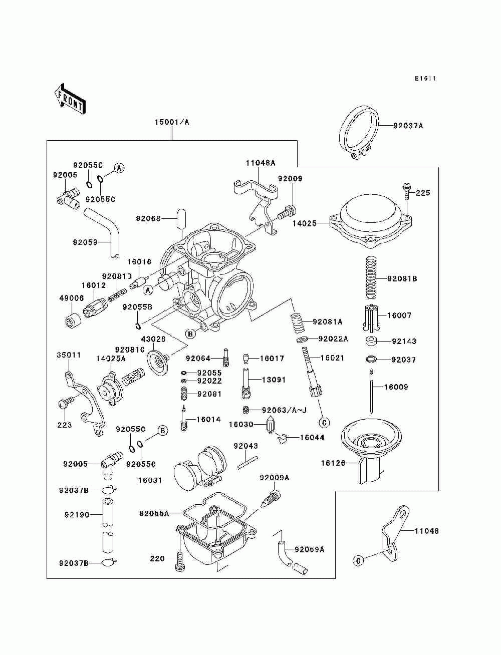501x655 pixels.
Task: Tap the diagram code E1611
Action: click(425, 79)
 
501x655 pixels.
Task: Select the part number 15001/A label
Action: click(172, 122)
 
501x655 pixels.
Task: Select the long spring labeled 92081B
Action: click(371, 278)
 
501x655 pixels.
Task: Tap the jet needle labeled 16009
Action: click(371, 391)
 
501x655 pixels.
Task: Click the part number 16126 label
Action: click(333, 463)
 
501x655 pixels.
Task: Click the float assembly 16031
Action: click(200, 469)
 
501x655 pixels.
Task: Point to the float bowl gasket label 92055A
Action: click(154, 513)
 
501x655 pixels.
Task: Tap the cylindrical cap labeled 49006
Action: click(73, 320)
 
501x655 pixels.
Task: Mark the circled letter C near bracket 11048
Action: click(358, 561)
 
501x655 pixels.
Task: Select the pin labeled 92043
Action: click(247, 463)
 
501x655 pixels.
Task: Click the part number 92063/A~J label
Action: click(284, 410)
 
